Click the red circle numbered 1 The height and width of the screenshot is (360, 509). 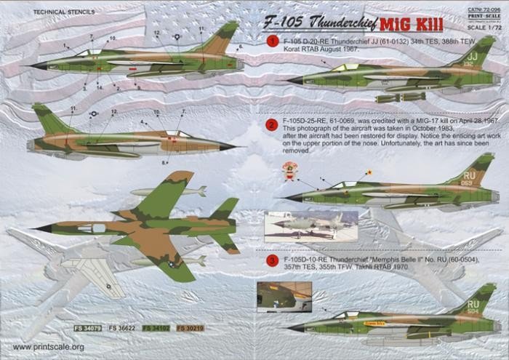click(x=272, y=41)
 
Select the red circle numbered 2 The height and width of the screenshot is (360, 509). click(x=271, y=124)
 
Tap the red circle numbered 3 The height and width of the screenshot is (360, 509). click(x=271, y=260)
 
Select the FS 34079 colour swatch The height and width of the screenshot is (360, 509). click(x=87, y=328)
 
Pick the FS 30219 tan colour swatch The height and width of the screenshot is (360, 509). click(x=190, y=328)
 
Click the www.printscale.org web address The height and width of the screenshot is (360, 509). click(x=48, y=347)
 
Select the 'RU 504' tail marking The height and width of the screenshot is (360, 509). click(x=473, y=307)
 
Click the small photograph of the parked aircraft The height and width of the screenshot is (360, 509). click(x=300, y=226)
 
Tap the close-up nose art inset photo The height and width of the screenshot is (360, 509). click(x=284, y=295)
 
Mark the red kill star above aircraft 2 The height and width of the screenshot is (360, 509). click(x=369, y=172)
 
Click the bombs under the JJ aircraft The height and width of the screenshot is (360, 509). click(x=399, y=96)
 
